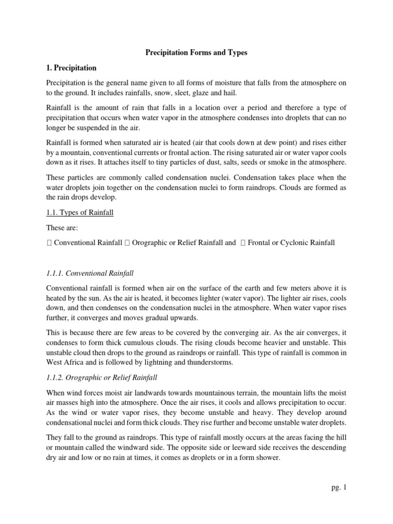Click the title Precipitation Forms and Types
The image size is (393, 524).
point(196,53)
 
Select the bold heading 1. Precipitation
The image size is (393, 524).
point(71,68)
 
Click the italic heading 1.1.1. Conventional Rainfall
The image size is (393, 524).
point(90,274)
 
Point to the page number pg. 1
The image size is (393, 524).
point(339,488)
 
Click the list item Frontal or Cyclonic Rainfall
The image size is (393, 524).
point(291,243)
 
